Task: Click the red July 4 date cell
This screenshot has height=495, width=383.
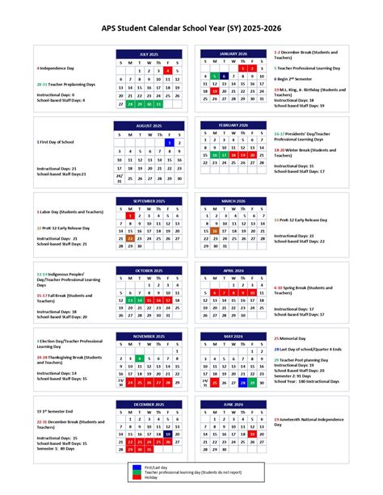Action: point(167,70)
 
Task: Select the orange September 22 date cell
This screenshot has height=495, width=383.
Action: point(131,238)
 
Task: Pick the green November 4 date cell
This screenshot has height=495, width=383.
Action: point(139,358)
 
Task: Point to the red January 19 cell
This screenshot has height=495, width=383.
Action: point(214,91)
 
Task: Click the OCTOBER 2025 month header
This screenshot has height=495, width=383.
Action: point(149,271)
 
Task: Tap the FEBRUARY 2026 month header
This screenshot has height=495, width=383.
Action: point(232,125)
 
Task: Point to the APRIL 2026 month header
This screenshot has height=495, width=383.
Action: point(232,271)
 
